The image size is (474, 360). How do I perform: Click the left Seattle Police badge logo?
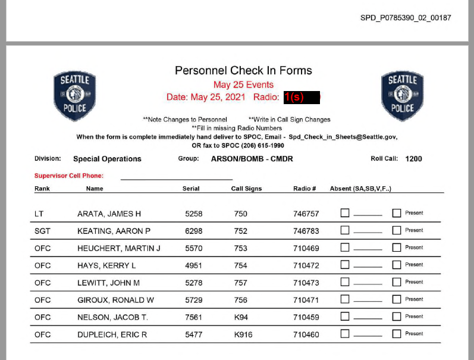click(x=74, y=96)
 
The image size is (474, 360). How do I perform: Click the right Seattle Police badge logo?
click(x=402, y=96)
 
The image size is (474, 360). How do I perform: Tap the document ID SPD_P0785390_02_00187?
click(x=406, y=18)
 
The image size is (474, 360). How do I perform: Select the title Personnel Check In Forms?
click(x=243, y=71)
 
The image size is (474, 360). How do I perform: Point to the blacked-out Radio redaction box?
click(x=302, y=97)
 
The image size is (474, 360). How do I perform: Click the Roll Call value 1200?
click(x=413, y=159)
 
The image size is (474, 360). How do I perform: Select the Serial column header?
click(x=191, y=189)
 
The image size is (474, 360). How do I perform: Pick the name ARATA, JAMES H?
click(x=109, y=214)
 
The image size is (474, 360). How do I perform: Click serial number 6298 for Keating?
click(x=194, y=231)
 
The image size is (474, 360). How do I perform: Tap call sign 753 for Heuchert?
click(x=240, y=248)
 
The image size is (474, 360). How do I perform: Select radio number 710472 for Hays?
click(x=306, y=265)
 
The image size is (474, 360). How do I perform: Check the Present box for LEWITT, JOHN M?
click(x=397, y=282)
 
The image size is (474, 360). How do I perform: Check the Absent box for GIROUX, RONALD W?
click(x=345, y=299)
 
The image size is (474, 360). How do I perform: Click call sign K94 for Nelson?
click(x=241, y=317)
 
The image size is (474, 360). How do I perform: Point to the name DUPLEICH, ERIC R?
click(x=112, y=334)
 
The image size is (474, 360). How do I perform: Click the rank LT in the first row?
click(x=39, y=214)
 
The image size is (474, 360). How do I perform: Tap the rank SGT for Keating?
click(x=42, y=231)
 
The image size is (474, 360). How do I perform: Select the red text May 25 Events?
click(x=243, y=84)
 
